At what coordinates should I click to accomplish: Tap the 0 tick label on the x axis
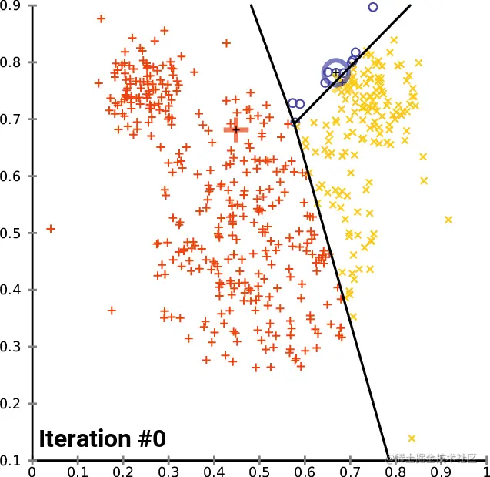click(32, 469)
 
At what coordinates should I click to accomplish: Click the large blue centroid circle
click(335, 72)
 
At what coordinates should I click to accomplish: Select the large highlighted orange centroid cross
click(236, 129)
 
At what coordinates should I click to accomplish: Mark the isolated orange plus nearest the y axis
click(51, 229)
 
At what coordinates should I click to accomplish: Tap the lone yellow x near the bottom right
click(412, 438)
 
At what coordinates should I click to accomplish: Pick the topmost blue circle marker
click(373, 7)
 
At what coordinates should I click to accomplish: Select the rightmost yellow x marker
click(448, 220)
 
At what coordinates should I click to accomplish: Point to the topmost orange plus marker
click(102, 18)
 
